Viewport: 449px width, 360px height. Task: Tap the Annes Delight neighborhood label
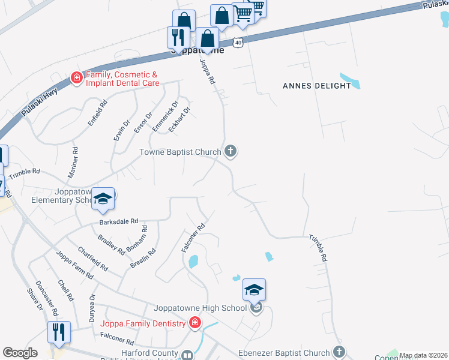[x=316, y=86]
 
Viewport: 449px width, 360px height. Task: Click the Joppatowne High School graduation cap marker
[x=254, y=291]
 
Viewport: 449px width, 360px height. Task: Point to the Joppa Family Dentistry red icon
[x=194, y=324]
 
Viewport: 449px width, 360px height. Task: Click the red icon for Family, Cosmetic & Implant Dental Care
[x=77, y=77]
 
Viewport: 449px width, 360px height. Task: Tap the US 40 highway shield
[x=238, y=43]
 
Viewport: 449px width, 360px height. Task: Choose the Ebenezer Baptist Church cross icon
[x=339, y=353]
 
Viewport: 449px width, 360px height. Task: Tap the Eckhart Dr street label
[x=178, y=120]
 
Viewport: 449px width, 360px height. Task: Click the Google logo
[x=20, y=353]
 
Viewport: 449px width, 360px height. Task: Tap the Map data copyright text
[x=423, y=355]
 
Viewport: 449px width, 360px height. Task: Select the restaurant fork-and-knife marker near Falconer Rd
[x=59, y=332]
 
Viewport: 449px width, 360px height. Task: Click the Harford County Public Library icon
[x=188, y=355]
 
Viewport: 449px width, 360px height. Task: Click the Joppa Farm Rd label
[x=75, y=265]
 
